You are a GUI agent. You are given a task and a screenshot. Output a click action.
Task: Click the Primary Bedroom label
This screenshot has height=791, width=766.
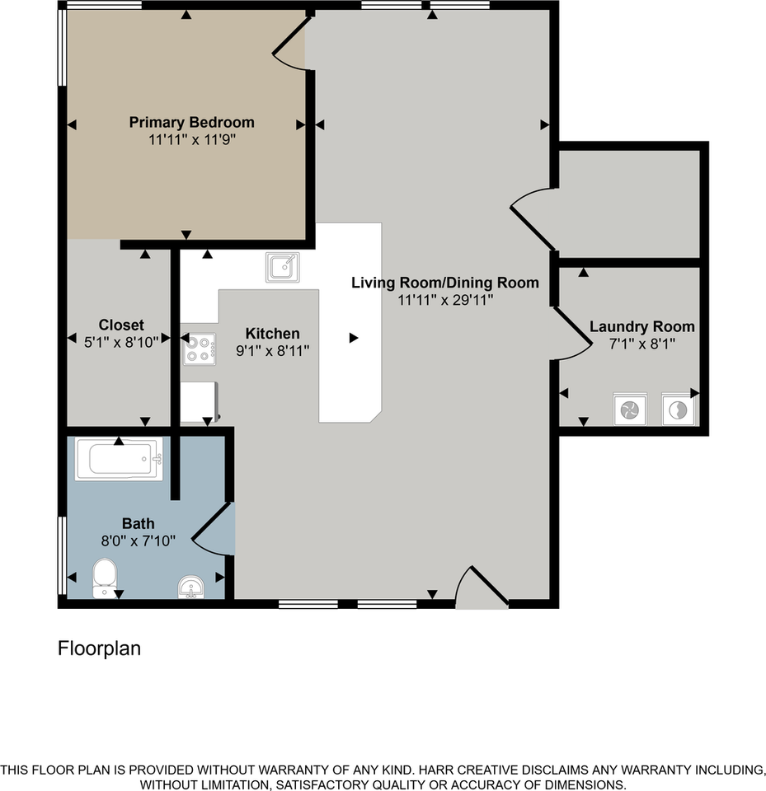(x=191, y=122)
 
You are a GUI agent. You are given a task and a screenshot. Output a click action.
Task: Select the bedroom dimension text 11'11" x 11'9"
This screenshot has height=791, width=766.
(x=191, y=140)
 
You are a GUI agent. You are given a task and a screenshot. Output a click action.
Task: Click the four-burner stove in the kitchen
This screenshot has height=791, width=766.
(x=199, y=348)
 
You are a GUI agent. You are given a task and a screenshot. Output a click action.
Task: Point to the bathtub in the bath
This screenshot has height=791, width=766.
(x=119, y=460)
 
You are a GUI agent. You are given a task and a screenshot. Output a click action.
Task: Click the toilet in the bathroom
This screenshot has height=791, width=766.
(x=105, y=576)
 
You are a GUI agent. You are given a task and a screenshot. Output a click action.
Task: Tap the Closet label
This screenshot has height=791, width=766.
(x=121, y=325)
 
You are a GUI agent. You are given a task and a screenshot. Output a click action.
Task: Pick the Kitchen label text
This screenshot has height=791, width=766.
(x=272, y=334)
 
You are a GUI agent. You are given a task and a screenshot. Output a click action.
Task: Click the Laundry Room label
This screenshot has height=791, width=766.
(x=641, y=326)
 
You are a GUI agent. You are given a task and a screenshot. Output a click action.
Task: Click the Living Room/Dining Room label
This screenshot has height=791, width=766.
(x=445, y=283)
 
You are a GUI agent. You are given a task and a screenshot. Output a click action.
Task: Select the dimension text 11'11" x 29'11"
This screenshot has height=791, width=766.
(x=445, y=300)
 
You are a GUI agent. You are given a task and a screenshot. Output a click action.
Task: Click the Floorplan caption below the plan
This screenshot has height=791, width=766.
(x=99, y=648)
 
